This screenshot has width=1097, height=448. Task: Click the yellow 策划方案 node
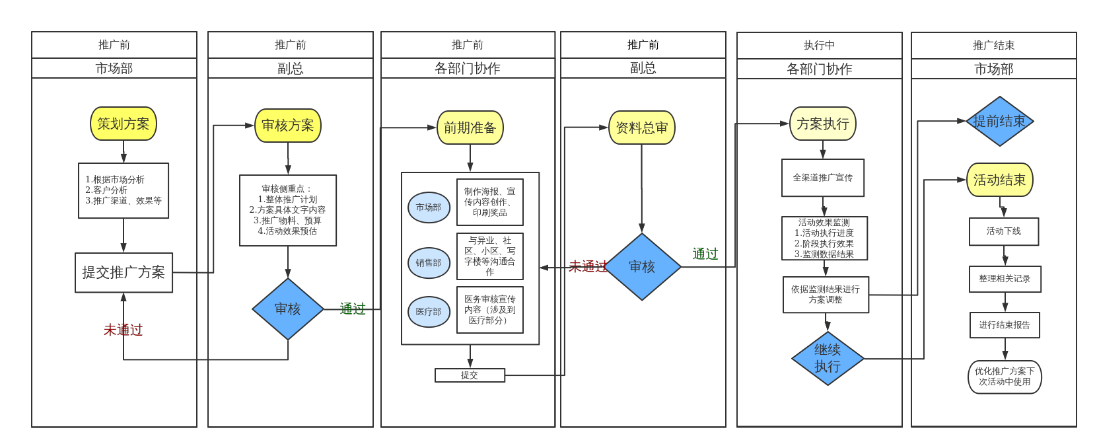tap(124, 124)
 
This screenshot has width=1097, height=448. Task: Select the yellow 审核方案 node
tap(288, 126)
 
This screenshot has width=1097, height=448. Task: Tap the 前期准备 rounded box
tap(470, 128)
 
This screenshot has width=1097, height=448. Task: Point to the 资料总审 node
tap(641, 128)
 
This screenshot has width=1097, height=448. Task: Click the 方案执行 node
tap(822, 124)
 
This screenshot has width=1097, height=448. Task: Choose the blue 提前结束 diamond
tap(999, 122)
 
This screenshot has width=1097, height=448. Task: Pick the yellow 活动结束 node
tap(999, 180)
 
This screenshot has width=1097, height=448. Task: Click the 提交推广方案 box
tap(124, 272)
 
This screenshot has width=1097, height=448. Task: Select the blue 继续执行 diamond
tap(828, 358)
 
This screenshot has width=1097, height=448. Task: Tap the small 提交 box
tap(470, 375)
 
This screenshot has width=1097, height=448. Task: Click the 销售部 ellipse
tap(429, 263)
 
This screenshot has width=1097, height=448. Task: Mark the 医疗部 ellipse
tap(429, 312)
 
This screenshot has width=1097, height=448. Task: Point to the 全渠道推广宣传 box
tap(823, 178)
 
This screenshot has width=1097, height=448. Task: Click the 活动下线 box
tap(1004, 231)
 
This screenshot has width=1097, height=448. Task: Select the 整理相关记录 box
tap(1005, 279)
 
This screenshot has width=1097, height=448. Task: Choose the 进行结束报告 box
tap(1005, 325)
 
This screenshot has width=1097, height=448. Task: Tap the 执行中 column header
tap(819, 46)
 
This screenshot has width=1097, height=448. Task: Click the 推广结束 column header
tap(993, 46)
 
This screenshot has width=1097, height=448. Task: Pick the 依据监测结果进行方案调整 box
tap(826, 295)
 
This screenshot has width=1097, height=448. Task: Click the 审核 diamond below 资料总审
tap(641, 267)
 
